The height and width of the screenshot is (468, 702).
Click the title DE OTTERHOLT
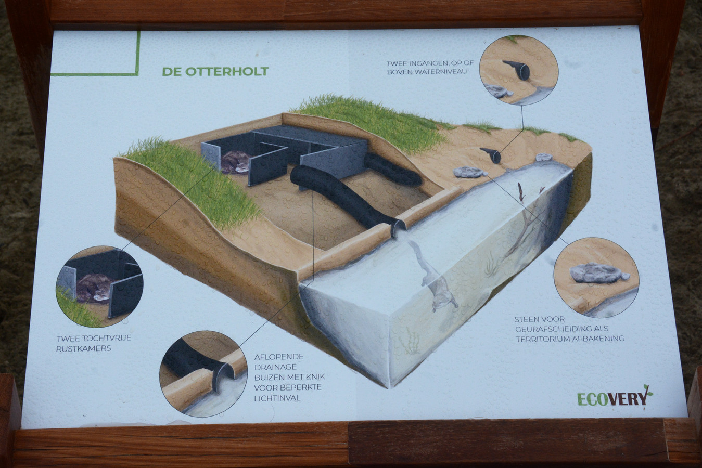[x=215, y=71]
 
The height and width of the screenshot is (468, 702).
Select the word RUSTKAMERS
[x=83, y=348]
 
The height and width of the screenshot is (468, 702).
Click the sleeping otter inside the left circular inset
[x=94, y=288]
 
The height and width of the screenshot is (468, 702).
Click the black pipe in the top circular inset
[x=518, y=69]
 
